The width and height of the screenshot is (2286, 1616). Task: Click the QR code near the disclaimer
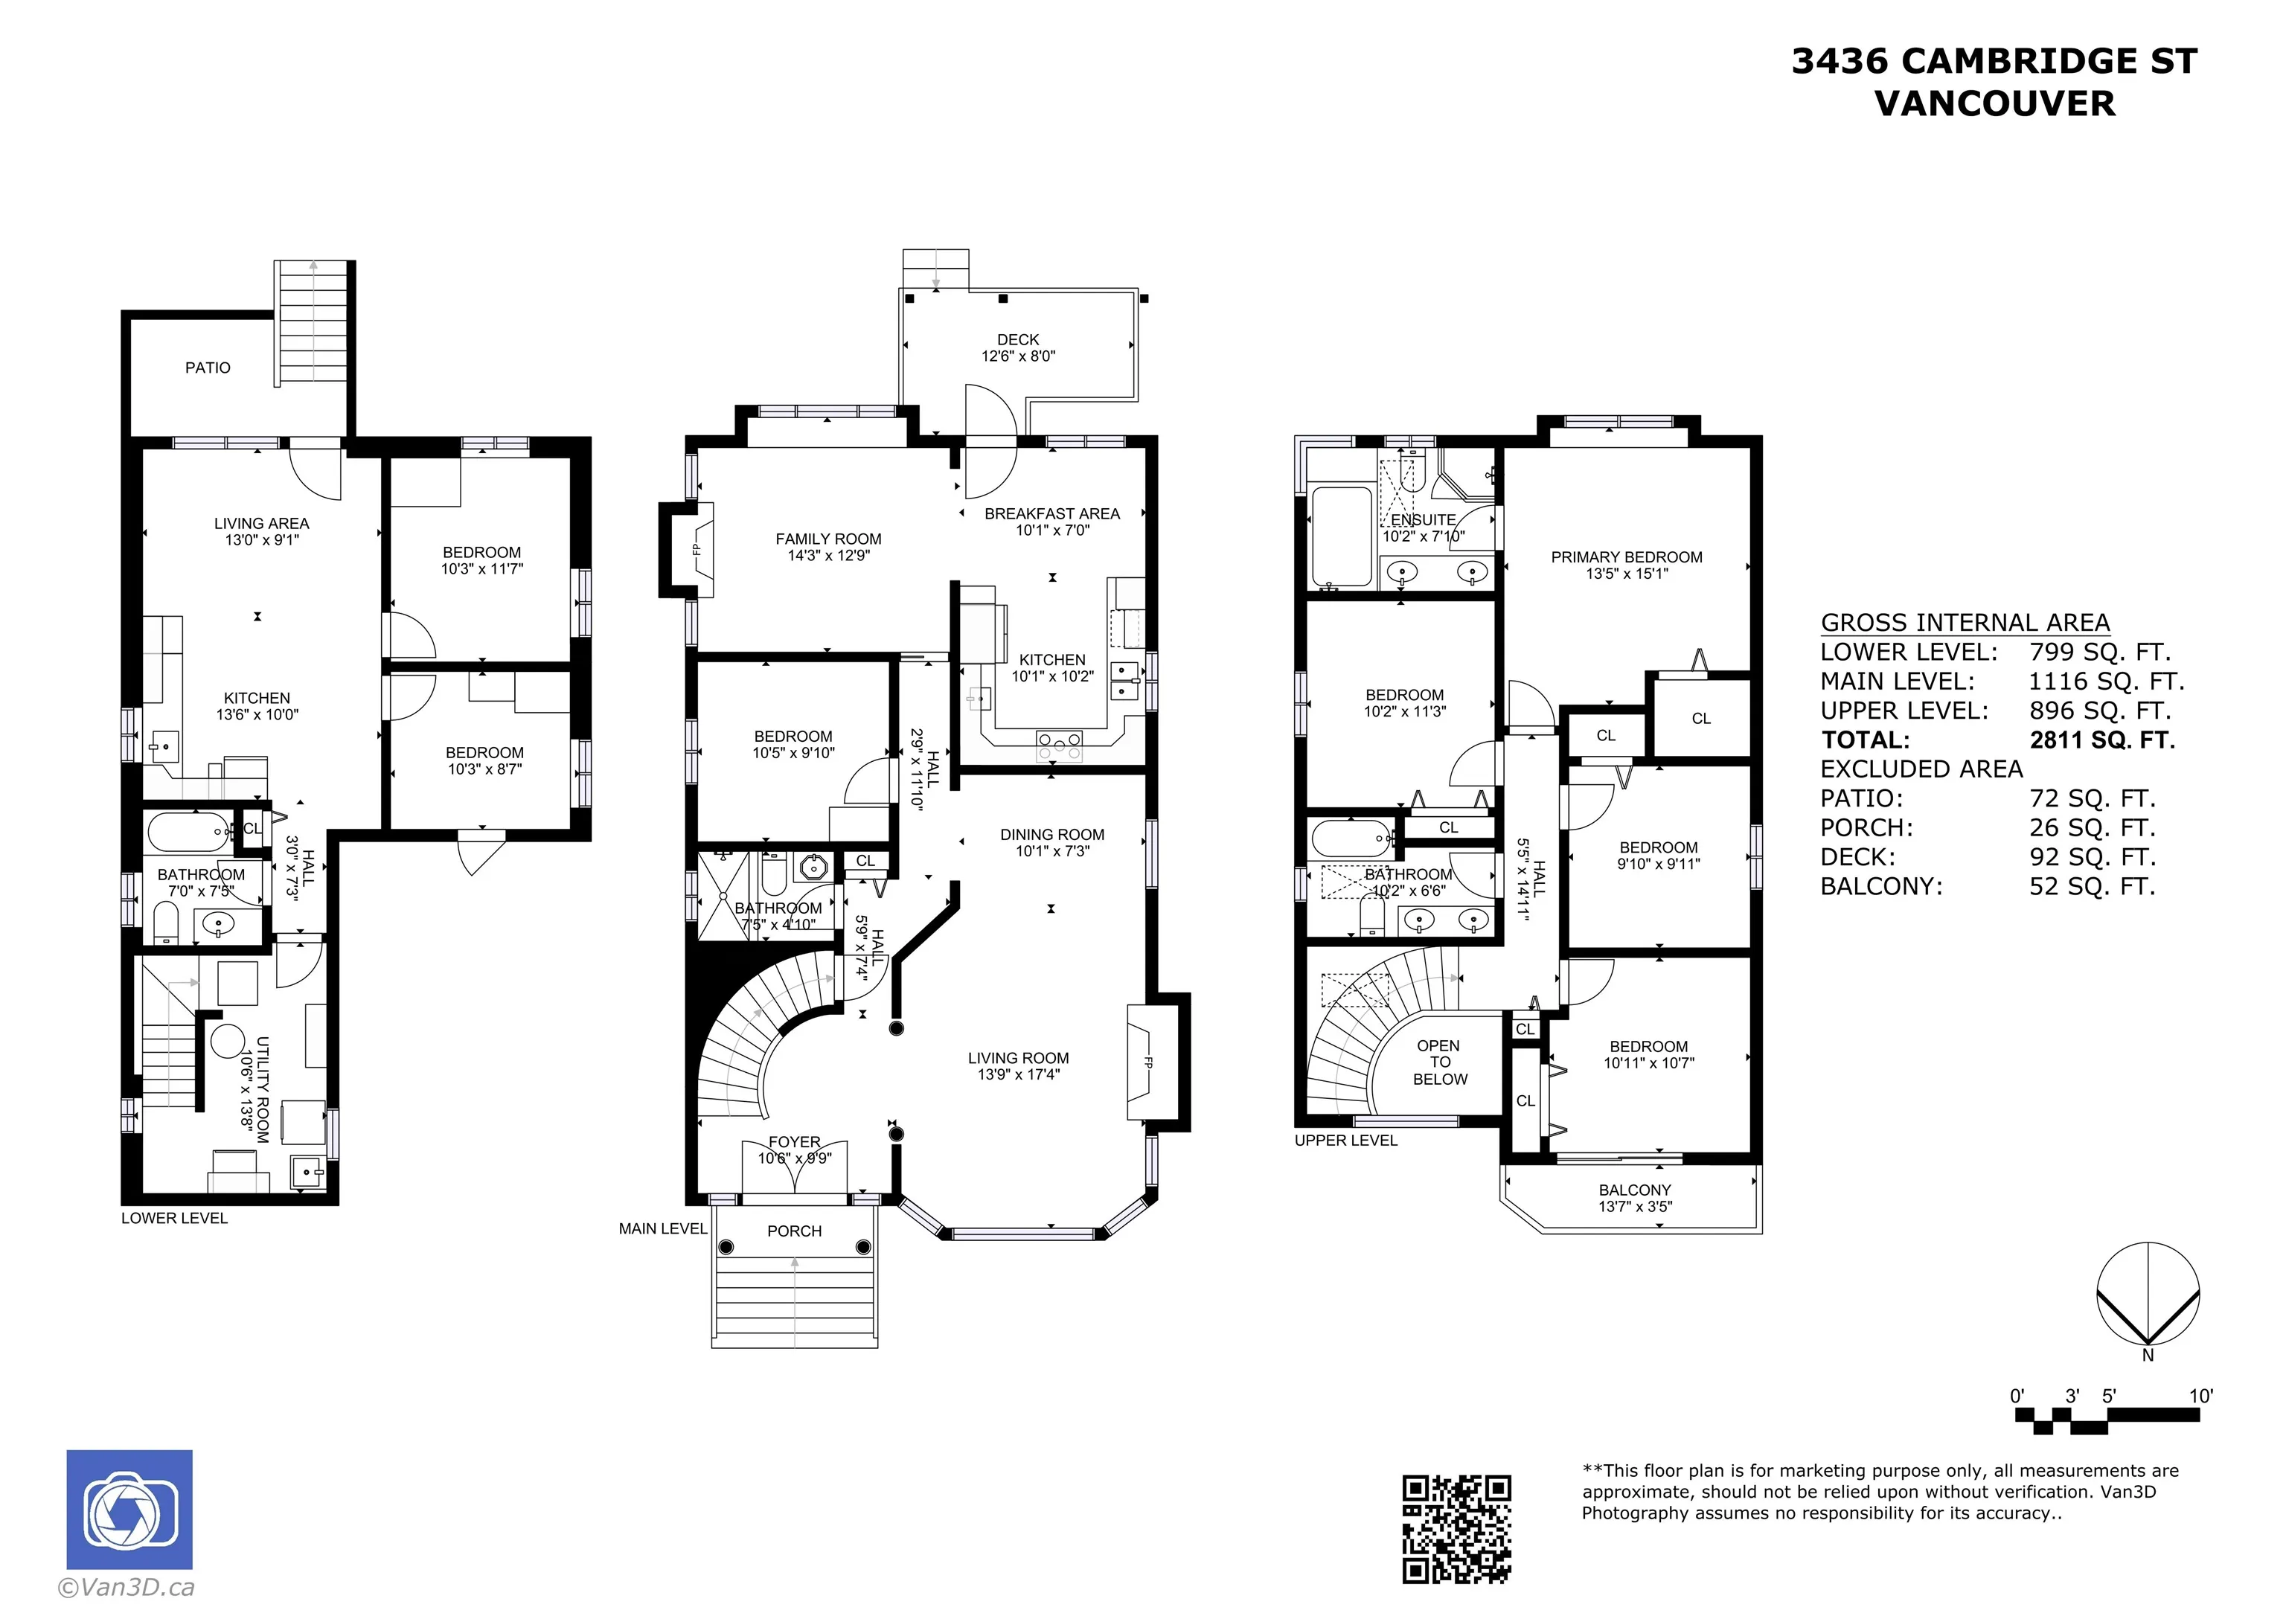pos(1456,1528)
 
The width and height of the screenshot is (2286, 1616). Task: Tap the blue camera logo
pos(129,1510)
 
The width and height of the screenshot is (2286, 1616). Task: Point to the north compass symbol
pos(2148,1299)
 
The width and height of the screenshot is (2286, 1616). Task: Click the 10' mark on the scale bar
pos(2200,1396)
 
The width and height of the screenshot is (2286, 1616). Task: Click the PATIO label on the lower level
pos(208,368)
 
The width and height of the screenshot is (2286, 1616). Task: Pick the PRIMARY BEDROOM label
pos(1627,557)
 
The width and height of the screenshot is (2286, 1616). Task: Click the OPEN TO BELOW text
pos(1440,1062)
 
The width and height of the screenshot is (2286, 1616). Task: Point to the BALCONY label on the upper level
pos(1635,1190)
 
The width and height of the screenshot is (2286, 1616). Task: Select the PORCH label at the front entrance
pos(795,1231)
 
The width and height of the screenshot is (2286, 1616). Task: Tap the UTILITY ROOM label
pos(263,1089)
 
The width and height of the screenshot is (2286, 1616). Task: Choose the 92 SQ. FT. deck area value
pos(2093,857)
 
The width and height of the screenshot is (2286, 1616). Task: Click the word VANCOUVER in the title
pos(1995,103)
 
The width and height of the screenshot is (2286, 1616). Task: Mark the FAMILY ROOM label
pos(828,539)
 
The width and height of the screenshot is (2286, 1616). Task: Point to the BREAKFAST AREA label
pos(1052,514)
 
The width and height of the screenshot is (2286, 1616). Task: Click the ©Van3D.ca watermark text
pos(127,1587)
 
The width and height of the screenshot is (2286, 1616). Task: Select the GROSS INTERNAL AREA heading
pos(1965,623)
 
